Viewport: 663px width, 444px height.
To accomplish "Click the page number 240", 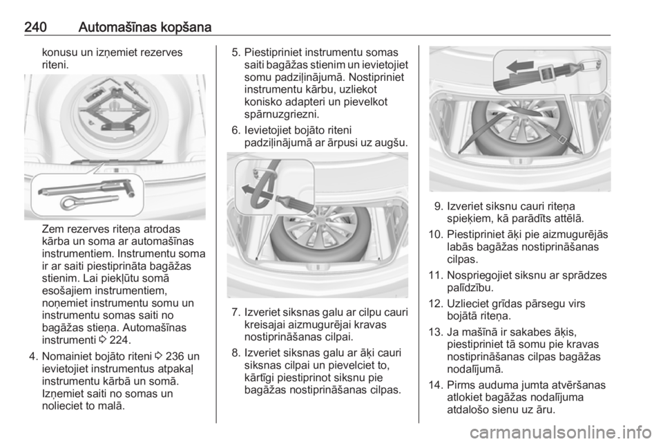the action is pyautogui.click(x=35, y=28).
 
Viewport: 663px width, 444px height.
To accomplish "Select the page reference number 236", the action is pyautogui.click(x=174, y=356).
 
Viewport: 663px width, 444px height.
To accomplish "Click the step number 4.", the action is pyautogui.click(x=33, y=356).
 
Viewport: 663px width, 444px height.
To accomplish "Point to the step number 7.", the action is pyautogui.click(x=236, y=313).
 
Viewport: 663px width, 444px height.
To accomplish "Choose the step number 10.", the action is pyautogui.click(x=434, y=234).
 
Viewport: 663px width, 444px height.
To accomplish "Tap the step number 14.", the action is pyautogui.click(x=434, y=385).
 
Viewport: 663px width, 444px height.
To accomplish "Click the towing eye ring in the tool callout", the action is pyautogui.click(x=68, y=203).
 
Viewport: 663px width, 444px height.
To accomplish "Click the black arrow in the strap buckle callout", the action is pyautogui.click(x=520, y=66).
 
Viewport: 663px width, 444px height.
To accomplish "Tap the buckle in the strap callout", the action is pyautogui.click(x=548, y=73).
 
